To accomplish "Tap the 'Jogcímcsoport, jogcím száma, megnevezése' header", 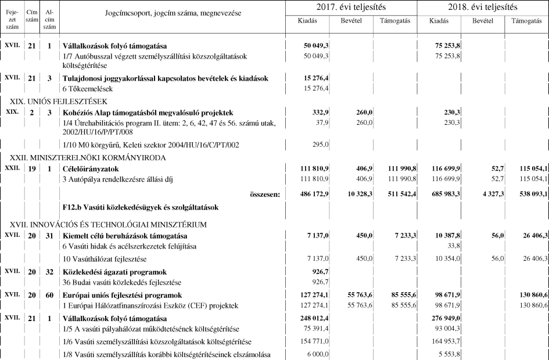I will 173,13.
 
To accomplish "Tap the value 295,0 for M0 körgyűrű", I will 320,144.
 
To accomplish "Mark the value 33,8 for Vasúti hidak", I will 453,246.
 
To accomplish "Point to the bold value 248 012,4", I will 313,319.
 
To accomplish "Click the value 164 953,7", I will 444,342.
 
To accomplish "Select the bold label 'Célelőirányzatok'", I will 91,168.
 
